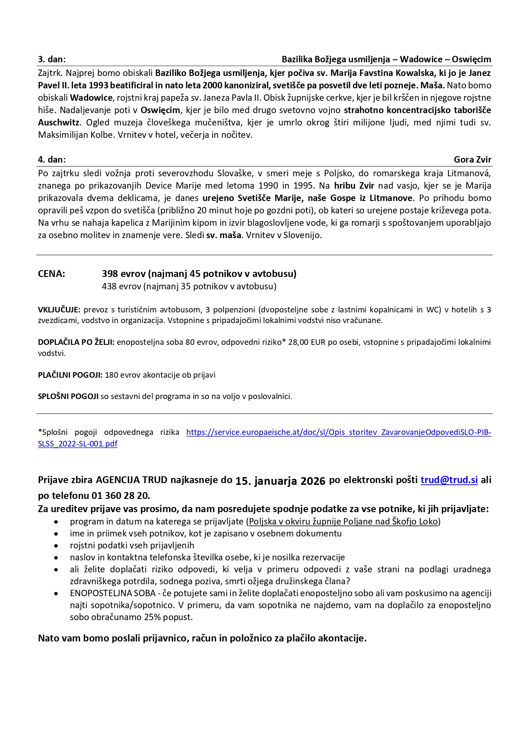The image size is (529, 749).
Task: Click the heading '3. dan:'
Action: (52, 59)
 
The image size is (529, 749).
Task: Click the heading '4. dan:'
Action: (52, 160)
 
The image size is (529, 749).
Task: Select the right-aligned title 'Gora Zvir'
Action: (472, 160)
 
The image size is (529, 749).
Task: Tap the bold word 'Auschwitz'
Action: (58, 122)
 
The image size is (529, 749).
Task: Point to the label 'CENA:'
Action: (52, 274)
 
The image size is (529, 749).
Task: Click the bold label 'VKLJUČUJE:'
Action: (59, 310)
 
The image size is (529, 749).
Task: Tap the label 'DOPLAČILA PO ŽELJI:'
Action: (76, 342)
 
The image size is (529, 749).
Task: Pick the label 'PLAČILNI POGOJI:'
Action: (70, 375)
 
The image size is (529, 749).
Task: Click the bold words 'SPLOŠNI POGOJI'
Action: (68, 396)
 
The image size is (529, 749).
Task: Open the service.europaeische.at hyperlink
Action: (338, 432)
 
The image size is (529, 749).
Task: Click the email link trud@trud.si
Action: (449, 480)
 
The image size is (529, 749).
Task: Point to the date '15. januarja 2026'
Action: (280, 481)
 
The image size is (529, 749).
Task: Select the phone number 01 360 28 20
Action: (120, 495)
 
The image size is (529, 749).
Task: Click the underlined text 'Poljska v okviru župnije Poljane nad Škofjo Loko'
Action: (343, 522)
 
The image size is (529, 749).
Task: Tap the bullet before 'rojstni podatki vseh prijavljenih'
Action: (56, 546)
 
